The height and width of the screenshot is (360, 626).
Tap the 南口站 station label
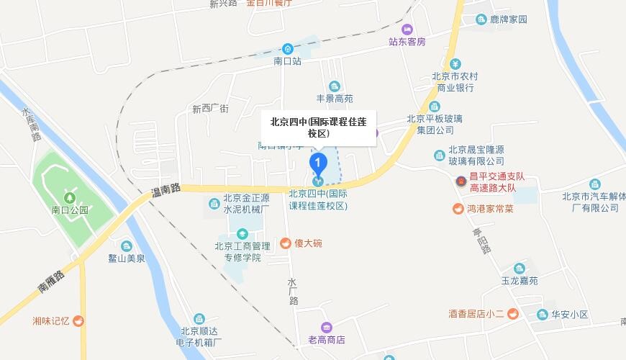(287, 62)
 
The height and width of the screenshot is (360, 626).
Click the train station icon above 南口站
(287, 48)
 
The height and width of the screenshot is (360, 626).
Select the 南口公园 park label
(70, 210)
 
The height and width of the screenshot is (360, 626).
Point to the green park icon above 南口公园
(70, 197)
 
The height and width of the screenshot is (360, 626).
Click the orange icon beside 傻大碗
(285, 243)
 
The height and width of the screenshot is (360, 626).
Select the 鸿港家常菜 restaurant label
(489, 210)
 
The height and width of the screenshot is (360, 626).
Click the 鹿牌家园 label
(508, 19)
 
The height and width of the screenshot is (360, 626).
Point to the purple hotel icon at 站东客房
(407, 29)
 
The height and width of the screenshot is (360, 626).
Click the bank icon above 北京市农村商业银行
(453, 62)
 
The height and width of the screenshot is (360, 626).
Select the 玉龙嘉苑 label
(520, 281)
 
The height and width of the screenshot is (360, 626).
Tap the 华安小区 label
(571, 315)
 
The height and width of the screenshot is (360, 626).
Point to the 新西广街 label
(210, 109)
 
